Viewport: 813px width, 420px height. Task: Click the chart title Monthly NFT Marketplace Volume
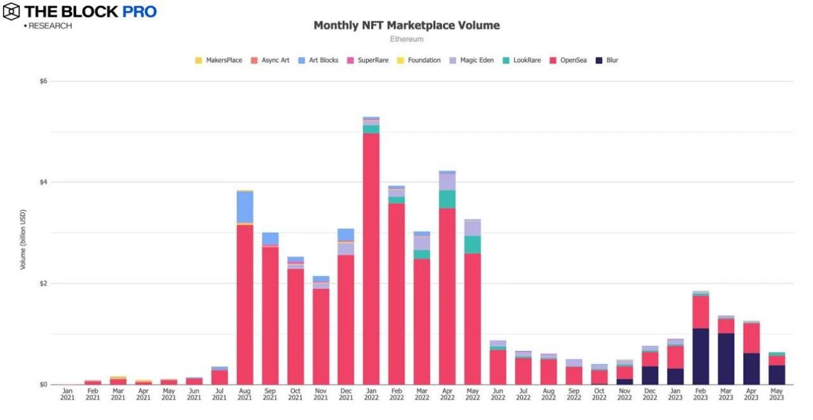(x=406, y=26)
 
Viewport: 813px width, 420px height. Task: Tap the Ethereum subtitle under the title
(x=406, y=40)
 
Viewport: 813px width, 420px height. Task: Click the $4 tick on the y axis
(x=44, y=182)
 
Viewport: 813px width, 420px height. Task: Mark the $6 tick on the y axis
(x=44, y=81)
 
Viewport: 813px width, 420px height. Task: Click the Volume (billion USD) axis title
(x=23, y=238)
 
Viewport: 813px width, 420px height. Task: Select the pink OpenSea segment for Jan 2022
(x=371, y=256)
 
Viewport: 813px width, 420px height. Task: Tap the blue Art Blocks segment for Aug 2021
(x=245, y=207)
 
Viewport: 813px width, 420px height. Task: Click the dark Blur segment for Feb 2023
(x=700, y=356)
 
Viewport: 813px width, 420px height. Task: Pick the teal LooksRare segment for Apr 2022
(x=447, y=199)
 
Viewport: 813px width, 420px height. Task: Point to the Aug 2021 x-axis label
(x=245, y=394)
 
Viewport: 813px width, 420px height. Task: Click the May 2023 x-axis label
(x=776, y=394)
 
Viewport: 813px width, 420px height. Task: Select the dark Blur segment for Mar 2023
(x=726, y=359)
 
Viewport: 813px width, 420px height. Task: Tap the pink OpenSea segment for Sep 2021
(x=270, y=314)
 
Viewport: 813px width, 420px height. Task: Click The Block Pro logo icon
(x=11, y=12)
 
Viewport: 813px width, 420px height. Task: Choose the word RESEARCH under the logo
(x=50, y=26)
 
